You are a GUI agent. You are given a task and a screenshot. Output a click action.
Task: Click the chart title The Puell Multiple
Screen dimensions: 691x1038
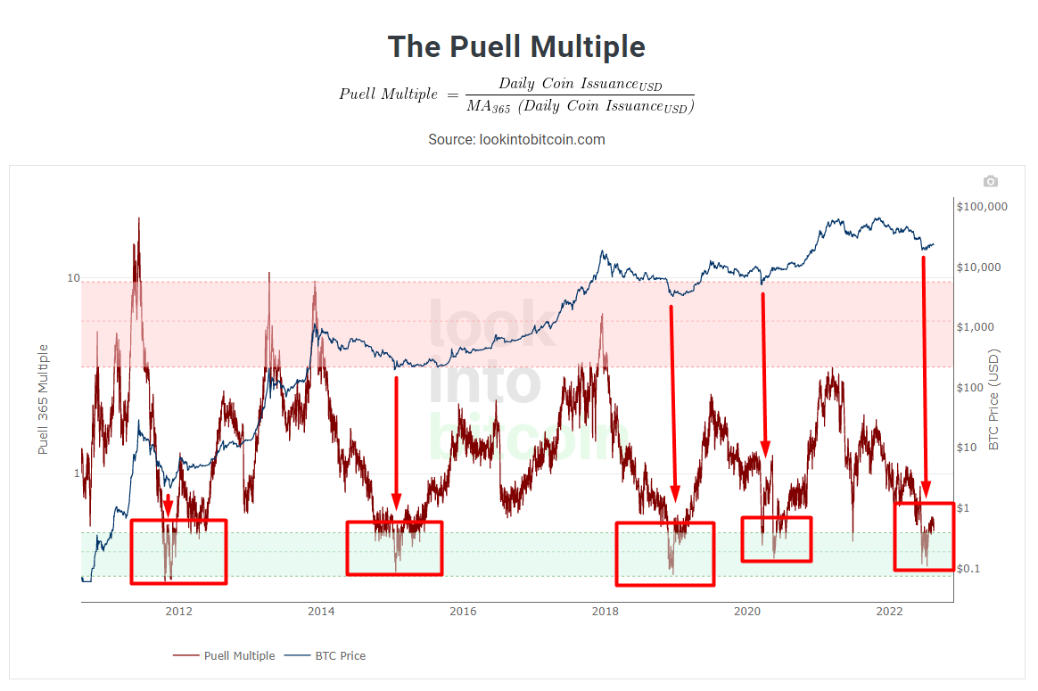(x=516, y=46)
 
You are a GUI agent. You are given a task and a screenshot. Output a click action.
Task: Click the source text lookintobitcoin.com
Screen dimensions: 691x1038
(x=516, y=139)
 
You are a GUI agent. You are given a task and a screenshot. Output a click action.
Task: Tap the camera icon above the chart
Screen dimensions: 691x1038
(x=990, y=181)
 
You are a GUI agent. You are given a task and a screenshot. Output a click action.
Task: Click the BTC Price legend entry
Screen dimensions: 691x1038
(x=340, y=655)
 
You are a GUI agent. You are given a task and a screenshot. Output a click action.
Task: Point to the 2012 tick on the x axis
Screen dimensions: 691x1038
(x=179, y=611)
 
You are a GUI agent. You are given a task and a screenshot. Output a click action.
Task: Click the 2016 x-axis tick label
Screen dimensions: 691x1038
(x=463, y=611)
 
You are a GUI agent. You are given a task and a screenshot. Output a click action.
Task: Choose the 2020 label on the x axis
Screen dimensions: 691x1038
(x=747, y=611)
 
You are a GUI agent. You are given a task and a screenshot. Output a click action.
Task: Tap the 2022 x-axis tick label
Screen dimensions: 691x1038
(x=889, y=611)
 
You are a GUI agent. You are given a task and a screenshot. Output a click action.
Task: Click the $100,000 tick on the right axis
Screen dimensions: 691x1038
(x=981, y=207)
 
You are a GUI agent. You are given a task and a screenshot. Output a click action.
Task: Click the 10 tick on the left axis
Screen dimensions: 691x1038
(x=74, y=278)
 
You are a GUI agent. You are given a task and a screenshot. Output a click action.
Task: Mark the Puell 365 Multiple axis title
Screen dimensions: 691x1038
(x=43, y=399)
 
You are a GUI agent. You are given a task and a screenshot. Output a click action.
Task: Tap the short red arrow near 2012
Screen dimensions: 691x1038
(x=168, y=505)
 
